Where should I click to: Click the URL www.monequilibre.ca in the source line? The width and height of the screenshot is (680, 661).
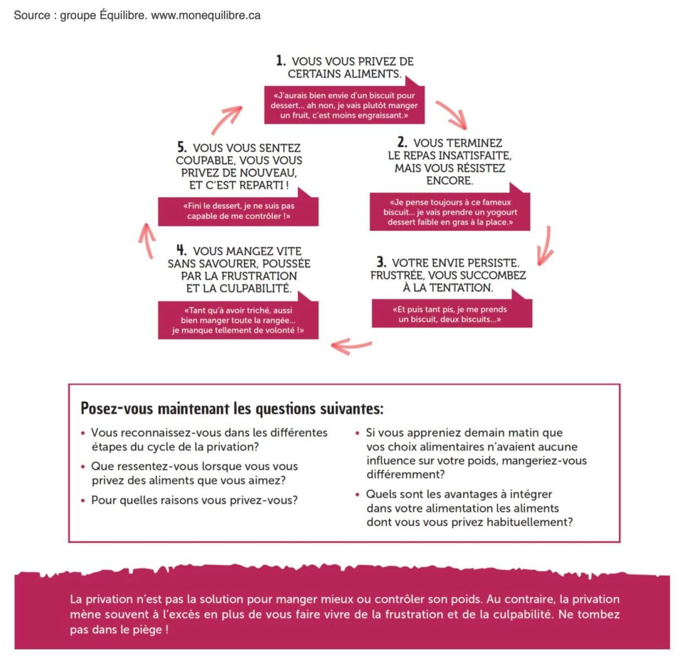pos(206,15)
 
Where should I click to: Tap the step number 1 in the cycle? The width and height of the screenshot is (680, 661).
pos(281,61)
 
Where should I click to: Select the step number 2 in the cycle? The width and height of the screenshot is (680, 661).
pos(402,142)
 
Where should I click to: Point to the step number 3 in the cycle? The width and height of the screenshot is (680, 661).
pos(381,262)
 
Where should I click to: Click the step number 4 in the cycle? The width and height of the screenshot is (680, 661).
pos(182,250)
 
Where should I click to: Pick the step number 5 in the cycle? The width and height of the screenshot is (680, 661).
pos(182,148)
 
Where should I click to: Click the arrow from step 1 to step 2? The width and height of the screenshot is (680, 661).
pos(451,114)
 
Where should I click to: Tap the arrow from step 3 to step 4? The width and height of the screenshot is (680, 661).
pos(351,345)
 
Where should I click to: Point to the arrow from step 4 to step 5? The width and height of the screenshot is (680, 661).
pos(146,240)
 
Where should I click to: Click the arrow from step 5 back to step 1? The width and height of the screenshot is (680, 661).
pos(226,119)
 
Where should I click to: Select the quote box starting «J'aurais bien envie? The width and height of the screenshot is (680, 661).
pos(344,105)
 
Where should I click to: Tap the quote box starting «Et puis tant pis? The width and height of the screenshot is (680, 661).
pos(451,314)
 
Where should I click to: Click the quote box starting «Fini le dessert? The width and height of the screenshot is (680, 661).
pos(238,211)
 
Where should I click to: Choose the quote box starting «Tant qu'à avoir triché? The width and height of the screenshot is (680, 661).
pos(238,320)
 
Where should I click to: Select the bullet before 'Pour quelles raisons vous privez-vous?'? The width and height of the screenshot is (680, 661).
pos(83,501)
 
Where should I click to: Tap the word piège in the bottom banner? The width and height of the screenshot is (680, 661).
pos(148,630)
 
